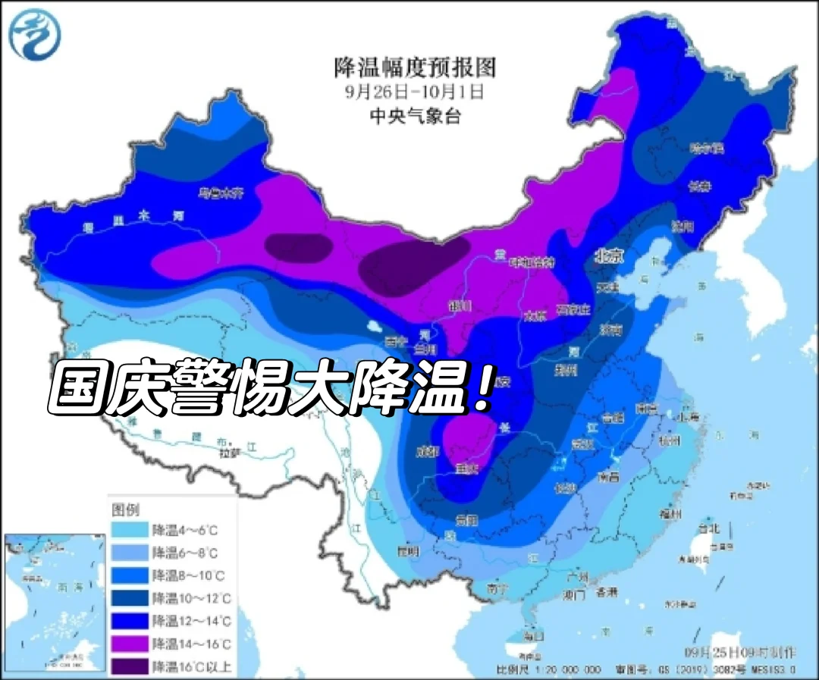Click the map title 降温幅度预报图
click(415, 67)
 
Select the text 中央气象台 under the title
click(414, 116)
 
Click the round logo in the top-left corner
click(35, 34)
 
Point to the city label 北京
click(609, 257)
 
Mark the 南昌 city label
click(609, 478)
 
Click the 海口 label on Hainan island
click(534, 635)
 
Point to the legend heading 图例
click(126, 509)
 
